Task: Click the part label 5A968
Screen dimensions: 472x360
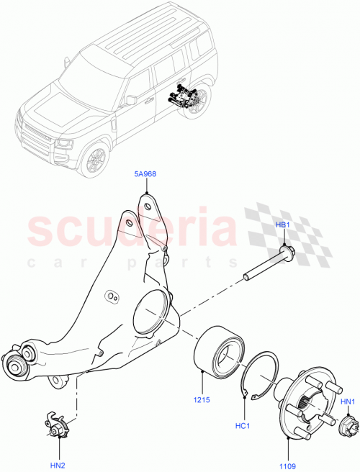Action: point(146,173)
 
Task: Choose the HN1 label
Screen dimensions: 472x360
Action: point(348,401)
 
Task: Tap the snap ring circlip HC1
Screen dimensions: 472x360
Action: point(263,375)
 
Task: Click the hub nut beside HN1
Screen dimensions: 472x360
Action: point(348,427)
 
